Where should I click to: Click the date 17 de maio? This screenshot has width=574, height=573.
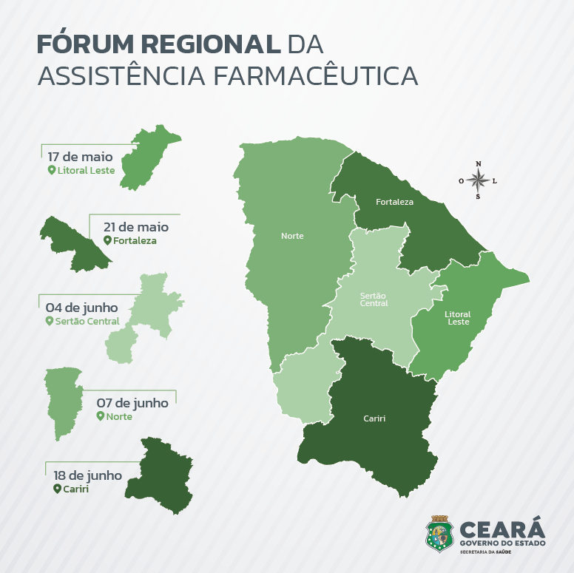80,157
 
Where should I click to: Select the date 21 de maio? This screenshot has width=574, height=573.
136,227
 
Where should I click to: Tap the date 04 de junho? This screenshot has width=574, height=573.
81,307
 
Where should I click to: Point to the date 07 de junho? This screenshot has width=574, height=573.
132,403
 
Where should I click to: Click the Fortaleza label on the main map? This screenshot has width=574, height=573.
394,201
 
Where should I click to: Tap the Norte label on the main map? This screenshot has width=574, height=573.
292,236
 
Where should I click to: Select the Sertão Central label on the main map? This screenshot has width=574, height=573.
374,299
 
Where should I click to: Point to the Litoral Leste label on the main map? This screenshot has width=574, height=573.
458,318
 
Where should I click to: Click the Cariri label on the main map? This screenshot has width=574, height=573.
374,418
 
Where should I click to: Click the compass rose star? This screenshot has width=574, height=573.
478,180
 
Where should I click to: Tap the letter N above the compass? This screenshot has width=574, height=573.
478,164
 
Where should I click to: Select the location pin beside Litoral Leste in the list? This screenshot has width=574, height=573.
52,170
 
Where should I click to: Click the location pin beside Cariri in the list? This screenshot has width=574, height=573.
56,489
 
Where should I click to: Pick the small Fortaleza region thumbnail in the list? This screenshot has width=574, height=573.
74,242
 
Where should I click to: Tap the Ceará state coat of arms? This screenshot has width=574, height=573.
440,533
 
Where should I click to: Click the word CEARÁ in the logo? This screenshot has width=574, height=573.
502,529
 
